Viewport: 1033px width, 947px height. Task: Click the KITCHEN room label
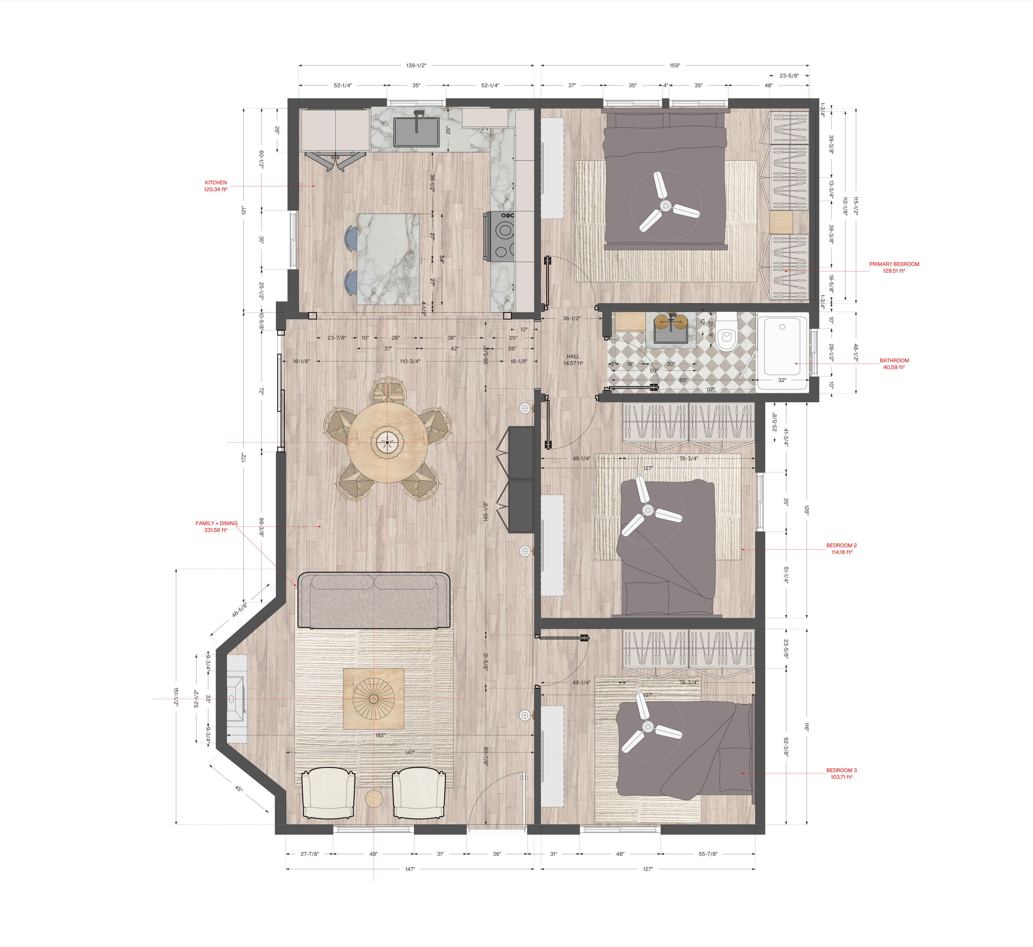[x=216, y=182]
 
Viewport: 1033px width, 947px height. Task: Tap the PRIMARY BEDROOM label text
[x=894, y=264]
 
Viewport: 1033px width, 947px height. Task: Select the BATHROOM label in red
[x=894, y=360]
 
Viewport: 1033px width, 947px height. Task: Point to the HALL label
[x=573, y=356]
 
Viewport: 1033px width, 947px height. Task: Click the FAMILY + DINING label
[x=216, y=523]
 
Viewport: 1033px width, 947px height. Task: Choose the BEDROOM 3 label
[x=841, y=770]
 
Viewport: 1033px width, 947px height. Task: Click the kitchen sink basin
[x=416, y=132]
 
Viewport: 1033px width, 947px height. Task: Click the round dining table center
[x=388, y=442]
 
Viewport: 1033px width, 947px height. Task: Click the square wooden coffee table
[x=373, y=699]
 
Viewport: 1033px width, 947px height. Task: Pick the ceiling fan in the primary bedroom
[x=665, y=206]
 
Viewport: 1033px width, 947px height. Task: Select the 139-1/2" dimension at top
[x=416, y=66]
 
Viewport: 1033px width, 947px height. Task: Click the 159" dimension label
[x=675, y=66]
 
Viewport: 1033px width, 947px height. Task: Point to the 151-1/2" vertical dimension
[x=176, y=697]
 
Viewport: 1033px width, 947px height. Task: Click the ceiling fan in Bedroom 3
[x=648, y=727]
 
